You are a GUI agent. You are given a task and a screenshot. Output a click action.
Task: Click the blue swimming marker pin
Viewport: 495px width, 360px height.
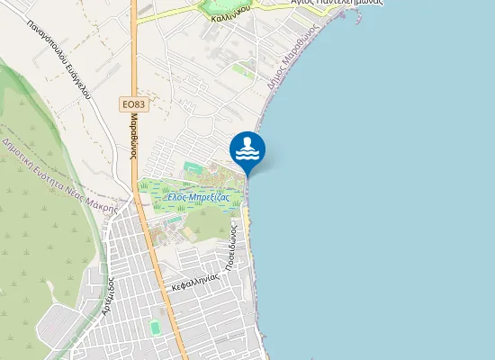pos(247,149)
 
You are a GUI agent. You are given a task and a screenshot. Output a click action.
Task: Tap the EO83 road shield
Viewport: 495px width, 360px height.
pos(133,105)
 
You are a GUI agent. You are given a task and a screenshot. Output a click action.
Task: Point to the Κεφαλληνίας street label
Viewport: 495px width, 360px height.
pos(196,282)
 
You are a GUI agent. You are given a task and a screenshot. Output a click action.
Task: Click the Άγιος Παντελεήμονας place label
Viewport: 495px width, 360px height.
pos(337,3)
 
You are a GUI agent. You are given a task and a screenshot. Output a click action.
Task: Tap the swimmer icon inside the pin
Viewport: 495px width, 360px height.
pos(247,143)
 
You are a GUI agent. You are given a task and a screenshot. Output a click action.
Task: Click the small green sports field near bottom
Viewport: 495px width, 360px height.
pos(155,328)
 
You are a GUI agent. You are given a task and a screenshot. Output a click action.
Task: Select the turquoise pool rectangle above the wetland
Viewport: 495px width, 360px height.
pos(192,167)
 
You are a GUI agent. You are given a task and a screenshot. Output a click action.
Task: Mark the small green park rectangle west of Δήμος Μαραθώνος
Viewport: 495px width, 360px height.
pos(241,68)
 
